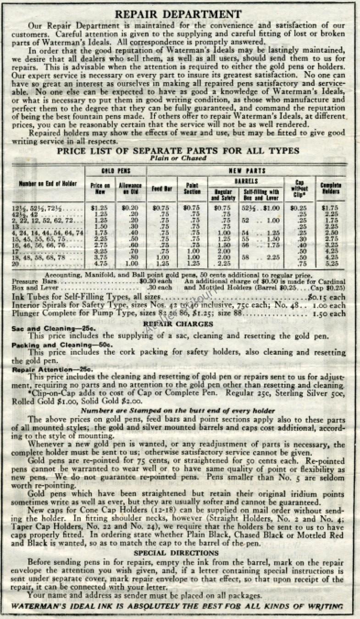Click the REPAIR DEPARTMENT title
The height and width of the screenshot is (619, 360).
tap(177, 14)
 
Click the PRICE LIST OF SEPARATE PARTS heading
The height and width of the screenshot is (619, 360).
tap(178, 151)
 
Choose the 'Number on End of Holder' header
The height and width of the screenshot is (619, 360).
tap(49, 184)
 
